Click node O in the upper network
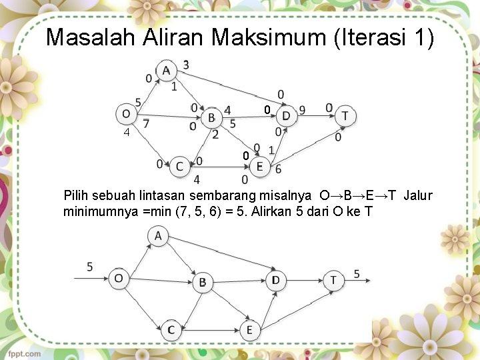[x=126, y=115]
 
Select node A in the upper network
[x=165, y=71]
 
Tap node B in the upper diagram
[x=211, y=118]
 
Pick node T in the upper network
[x=345, y=115]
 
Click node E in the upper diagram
[x=259, y=166]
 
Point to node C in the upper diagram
[x=179, y=166]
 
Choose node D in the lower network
[x=275, y=280]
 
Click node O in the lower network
[x=118, y=278]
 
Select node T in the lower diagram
[x=333, y=280]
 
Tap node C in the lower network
[x=171, y=329]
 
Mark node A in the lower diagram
[x=158, y=236]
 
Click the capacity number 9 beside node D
[x=303, y=109]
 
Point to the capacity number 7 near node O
[x=146, y=123]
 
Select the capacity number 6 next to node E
[x=278, y=169]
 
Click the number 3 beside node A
[x=185, y=65]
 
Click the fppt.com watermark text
[x=25, y=353]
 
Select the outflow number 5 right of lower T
[x=357, y=274]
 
